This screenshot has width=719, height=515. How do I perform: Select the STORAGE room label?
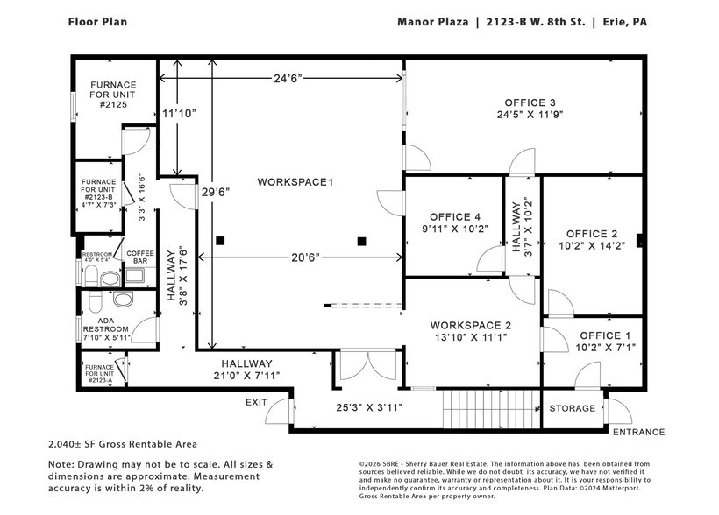[x=572, y=408]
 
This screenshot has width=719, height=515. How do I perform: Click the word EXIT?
[x=255, y=402]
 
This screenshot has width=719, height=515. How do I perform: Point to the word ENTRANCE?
[x=638, y=432]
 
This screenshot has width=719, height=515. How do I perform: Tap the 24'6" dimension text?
[x=287, y=78]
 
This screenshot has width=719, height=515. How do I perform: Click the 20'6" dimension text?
[x=304, y=257]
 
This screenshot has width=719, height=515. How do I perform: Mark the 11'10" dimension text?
[x=180, y=113]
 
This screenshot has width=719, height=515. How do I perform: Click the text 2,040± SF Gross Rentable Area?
[x=123, y=444]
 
